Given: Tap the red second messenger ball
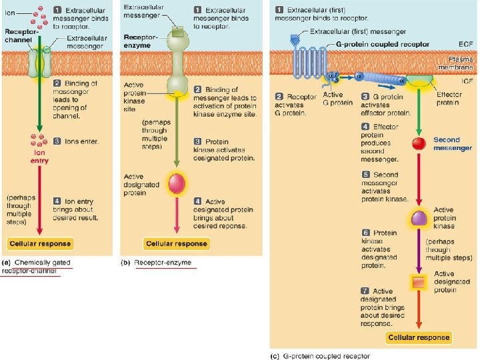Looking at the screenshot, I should [419, 143].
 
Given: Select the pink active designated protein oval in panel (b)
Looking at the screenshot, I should [177, 183].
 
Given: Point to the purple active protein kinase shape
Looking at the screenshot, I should [419, 218].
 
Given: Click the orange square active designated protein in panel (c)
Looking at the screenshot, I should [419, 283].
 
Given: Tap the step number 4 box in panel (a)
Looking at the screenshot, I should [58, 201].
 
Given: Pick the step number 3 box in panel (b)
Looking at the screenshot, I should [197, 141].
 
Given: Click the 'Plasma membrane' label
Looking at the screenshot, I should [455, 63].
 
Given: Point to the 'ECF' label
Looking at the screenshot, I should [466, 44].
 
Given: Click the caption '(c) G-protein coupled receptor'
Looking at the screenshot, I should [321, 355].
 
